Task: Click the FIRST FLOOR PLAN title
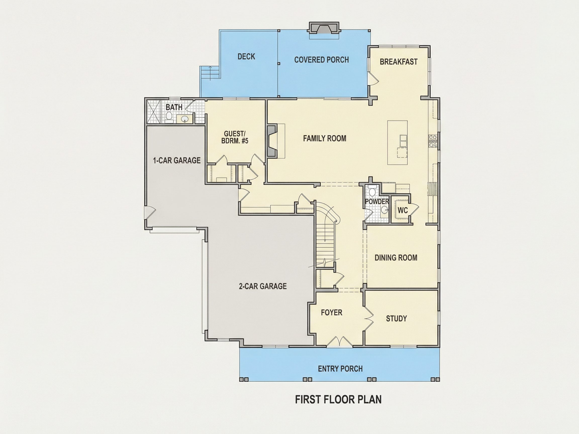click(338, 400)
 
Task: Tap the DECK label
click(246, 57)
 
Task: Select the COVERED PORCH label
click(321, 60)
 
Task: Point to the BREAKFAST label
click(398, 62)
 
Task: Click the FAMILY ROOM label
click(325, 138)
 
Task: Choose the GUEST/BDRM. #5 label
click(234, 137)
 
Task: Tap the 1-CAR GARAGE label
click(177, 160)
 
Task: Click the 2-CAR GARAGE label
click(263, 286)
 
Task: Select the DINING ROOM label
click(396, 258)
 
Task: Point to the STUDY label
click(396, 318)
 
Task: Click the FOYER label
click(331, 312)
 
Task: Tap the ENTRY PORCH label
click(340, 369)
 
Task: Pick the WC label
click(403, 210)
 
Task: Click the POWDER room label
click(377, 201)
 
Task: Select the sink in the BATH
click(185, 119)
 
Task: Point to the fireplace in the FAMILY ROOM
click(272, 141)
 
